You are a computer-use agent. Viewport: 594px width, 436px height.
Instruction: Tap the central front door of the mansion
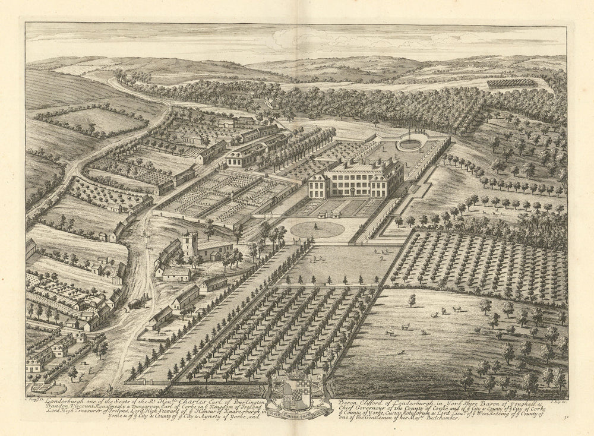pos(354,192)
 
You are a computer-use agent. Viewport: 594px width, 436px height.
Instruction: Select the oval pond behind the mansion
pos(410,144)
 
